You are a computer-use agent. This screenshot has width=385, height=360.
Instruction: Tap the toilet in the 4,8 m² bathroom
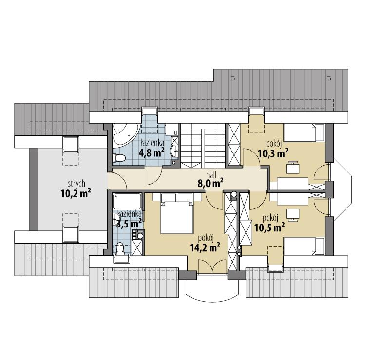pos(118,157)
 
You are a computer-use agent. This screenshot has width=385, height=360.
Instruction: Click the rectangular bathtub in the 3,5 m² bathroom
pos(127,201)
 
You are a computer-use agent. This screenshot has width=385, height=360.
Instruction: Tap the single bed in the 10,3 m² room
pos(303,133)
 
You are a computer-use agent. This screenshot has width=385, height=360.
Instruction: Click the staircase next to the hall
pos(203,144)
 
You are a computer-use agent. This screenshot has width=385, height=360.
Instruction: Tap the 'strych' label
pos(77,184)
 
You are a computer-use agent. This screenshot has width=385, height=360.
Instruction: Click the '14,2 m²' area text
pos(204,246)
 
